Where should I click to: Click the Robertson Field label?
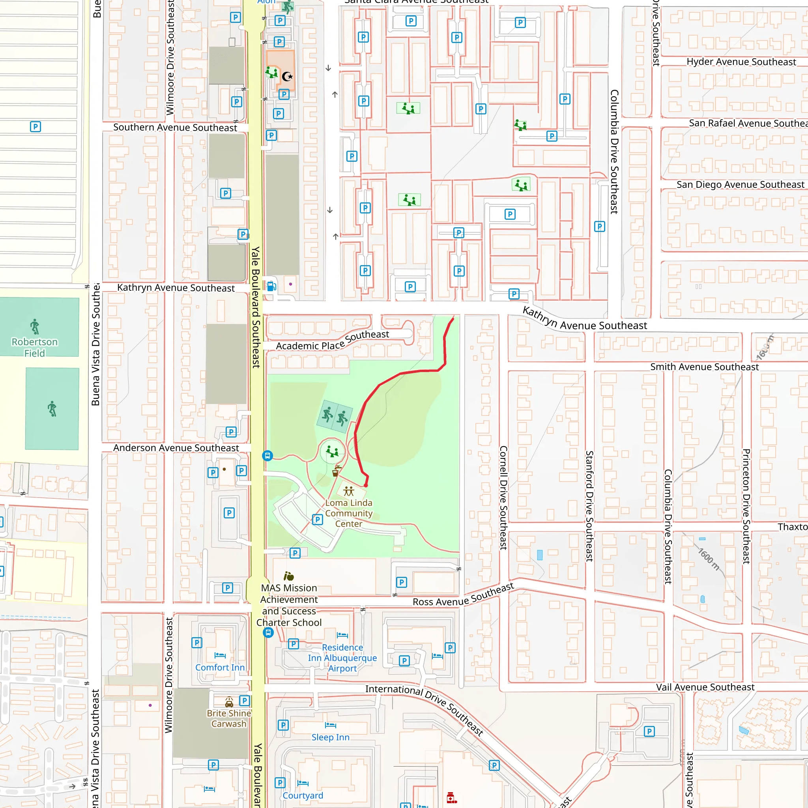click(35, 347)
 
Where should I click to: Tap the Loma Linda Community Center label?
click(349, 513)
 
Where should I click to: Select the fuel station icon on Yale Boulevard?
click(271, 286)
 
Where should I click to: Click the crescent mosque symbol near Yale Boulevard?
click(287, 77)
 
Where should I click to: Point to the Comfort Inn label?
click(220, 668)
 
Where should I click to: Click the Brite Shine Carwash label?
click(229, 718)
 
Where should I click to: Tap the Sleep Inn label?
click(330, 737)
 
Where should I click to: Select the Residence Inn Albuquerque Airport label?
click(342, 658)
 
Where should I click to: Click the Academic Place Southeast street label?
click(333, 340)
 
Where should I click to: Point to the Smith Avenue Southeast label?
click(704, 367)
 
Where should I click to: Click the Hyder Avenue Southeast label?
click(741, 62)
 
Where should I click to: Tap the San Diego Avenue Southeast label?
click(740, 184)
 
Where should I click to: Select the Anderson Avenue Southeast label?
click(176, 448)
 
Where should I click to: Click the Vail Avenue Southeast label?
click(705, 687)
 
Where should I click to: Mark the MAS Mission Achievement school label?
click(289, 605)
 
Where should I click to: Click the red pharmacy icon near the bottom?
click(451, 797)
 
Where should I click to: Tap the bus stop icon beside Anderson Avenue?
click(267, 455)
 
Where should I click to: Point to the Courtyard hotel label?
click(303, 795)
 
